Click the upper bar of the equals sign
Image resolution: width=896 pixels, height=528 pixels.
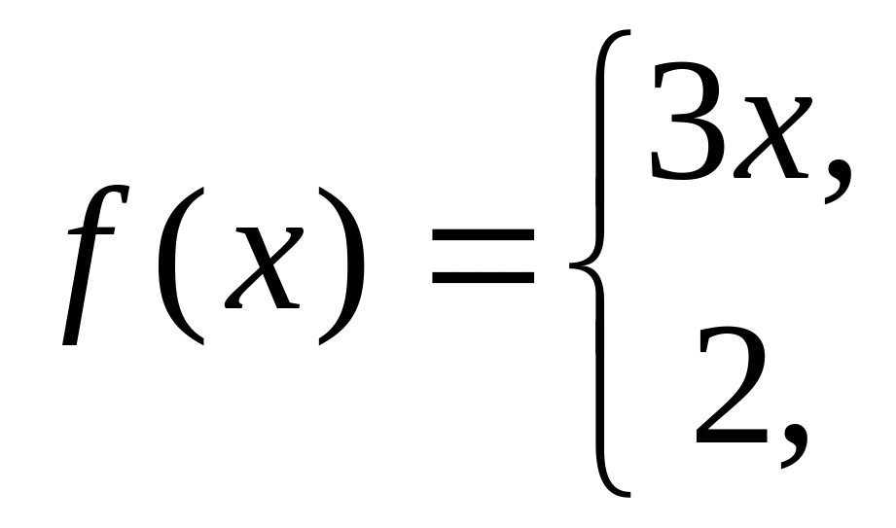point(484,234)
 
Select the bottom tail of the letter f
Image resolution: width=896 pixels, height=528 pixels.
point(68,335)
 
